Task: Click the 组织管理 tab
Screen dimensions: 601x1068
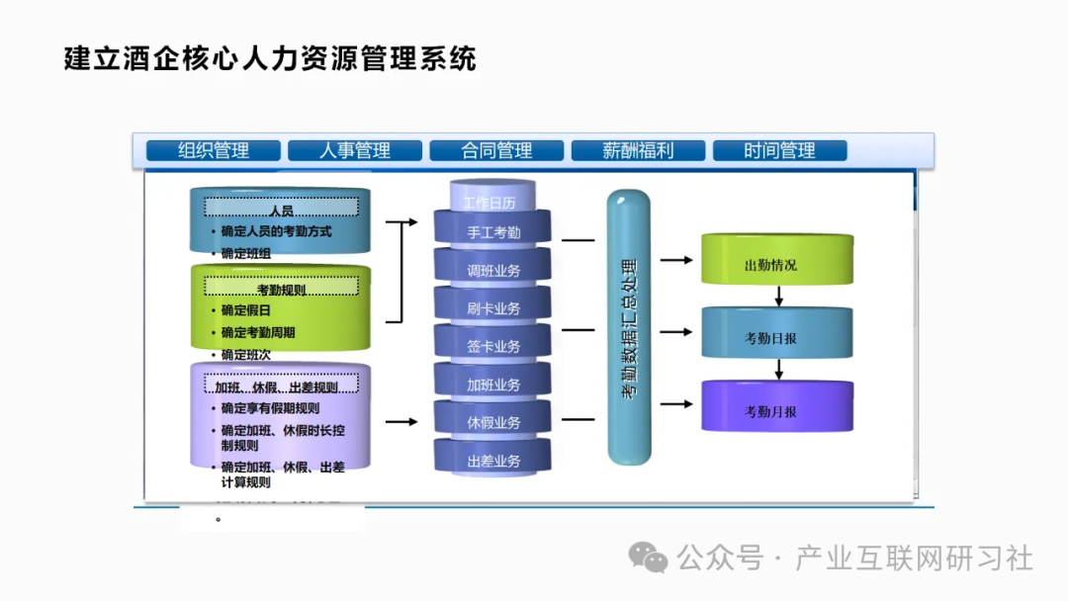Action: click(213, 150)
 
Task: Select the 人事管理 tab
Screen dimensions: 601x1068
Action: click(354, 150)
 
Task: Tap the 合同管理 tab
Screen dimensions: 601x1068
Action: click(495, 150)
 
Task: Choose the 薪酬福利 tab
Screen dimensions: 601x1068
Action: click(638, 150)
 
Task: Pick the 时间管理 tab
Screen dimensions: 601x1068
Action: click(779, 150)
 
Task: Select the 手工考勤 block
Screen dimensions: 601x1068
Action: click(492, 232)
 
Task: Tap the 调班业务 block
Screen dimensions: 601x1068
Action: click(492, 270)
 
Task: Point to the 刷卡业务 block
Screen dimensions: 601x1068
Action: click(492, 308)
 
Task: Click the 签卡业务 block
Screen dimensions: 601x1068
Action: click(492, 346)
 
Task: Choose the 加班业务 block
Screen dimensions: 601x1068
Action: click(492, 385)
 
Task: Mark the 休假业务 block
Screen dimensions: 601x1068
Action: click(492, 422)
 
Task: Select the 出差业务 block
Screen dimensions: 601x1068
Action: click(492, 461)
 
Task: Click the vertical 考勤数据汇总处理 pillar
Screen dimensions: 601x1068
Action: click(629, 328)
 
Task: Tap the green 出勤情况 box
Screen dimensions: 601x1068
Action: click(776, 264)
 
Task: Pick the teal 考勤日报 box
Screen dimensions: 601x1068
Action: click(776, 337)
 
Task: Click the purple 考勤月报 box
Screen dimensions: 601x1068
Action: click(776, 410)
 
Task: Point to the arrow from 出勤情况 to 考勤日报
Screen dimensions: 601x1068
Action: click(779, 296)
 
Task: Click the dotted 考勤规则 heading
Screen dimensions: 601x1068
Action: click(281, 289)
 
